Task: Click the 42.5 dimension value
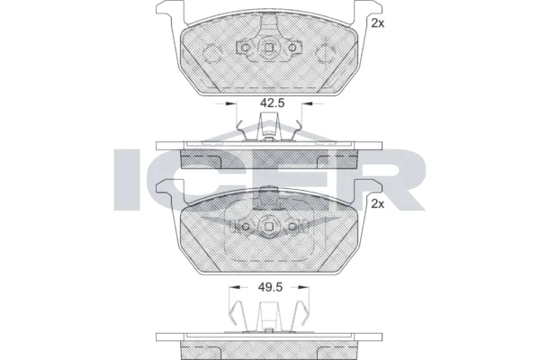click(x=272, y=103)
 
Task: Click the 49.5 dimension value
click(x=272, y=289)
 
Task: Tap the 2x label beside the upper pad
click(x=378, y=23)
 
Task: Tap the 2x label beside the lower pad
click(x=378, y=205)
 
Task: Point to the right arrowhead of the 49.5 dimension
click(x=310, y=289)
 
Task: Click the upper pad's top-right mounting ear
click(x=361, y=12)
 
